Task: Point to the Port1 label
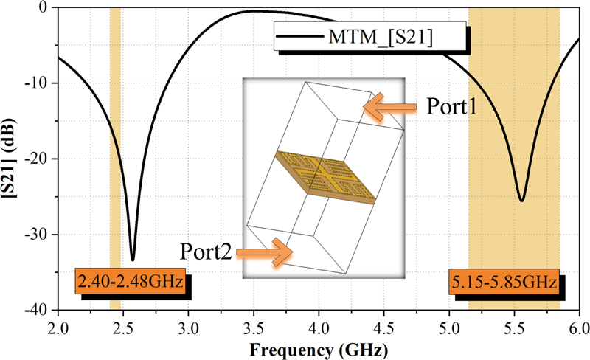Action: [x=451, y=108]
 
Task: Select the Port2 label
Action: [x=206, y=253]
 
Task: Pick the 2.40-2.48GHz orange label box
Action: [x=130, y=282]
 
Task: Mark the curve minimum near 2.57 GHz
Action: [x=133, y=260]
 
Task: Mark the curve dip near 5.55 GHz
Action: [x=521, y=201]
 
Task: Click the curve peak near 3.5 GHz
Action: [x=254, y=11]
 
